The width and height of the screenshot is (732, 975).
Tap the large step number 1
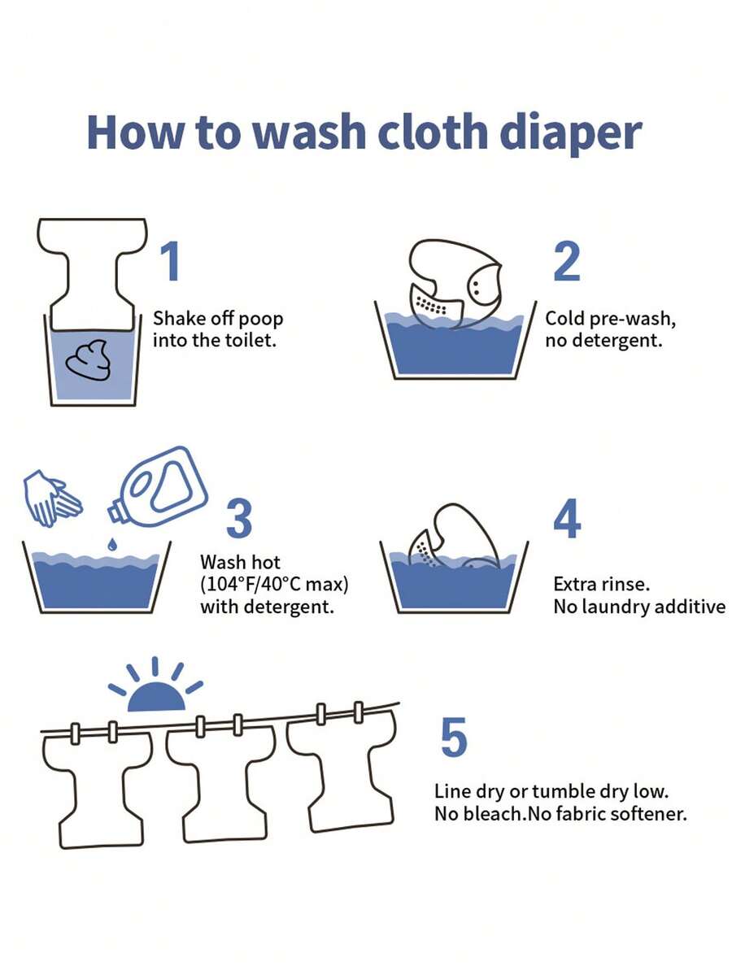(169, 261)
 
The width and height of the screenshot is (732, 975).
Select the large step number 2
(567, 261)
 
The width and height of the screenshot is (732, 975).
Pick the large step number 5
(453, 737)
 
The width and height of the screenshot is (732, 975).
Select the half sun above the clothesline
(156, 696)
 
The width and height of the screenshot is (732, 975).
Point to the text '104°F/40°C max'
(278, 584)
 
